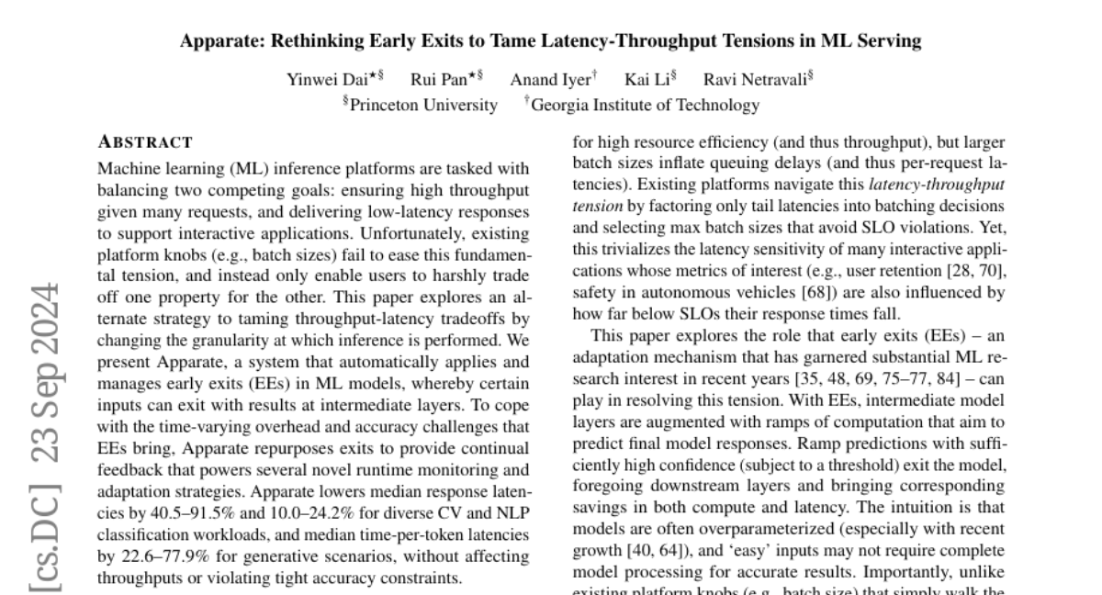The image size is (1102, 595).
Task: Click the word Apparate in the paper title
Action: click(217, 41)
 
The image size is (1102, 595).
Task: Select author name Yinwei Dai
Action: click(327, 79)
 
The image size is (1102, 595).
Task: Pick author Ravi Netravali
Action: click(755, 79)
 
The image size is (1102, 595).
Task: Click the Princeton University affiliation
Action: click(423, 105)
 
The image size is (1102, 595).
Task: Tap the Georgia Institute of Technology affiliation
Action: click(645, 105)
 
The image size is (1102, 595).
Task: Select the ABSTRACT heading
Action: click(145, 142)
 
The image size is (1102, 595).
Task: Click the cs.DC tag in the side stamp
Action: click(44, 530)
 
